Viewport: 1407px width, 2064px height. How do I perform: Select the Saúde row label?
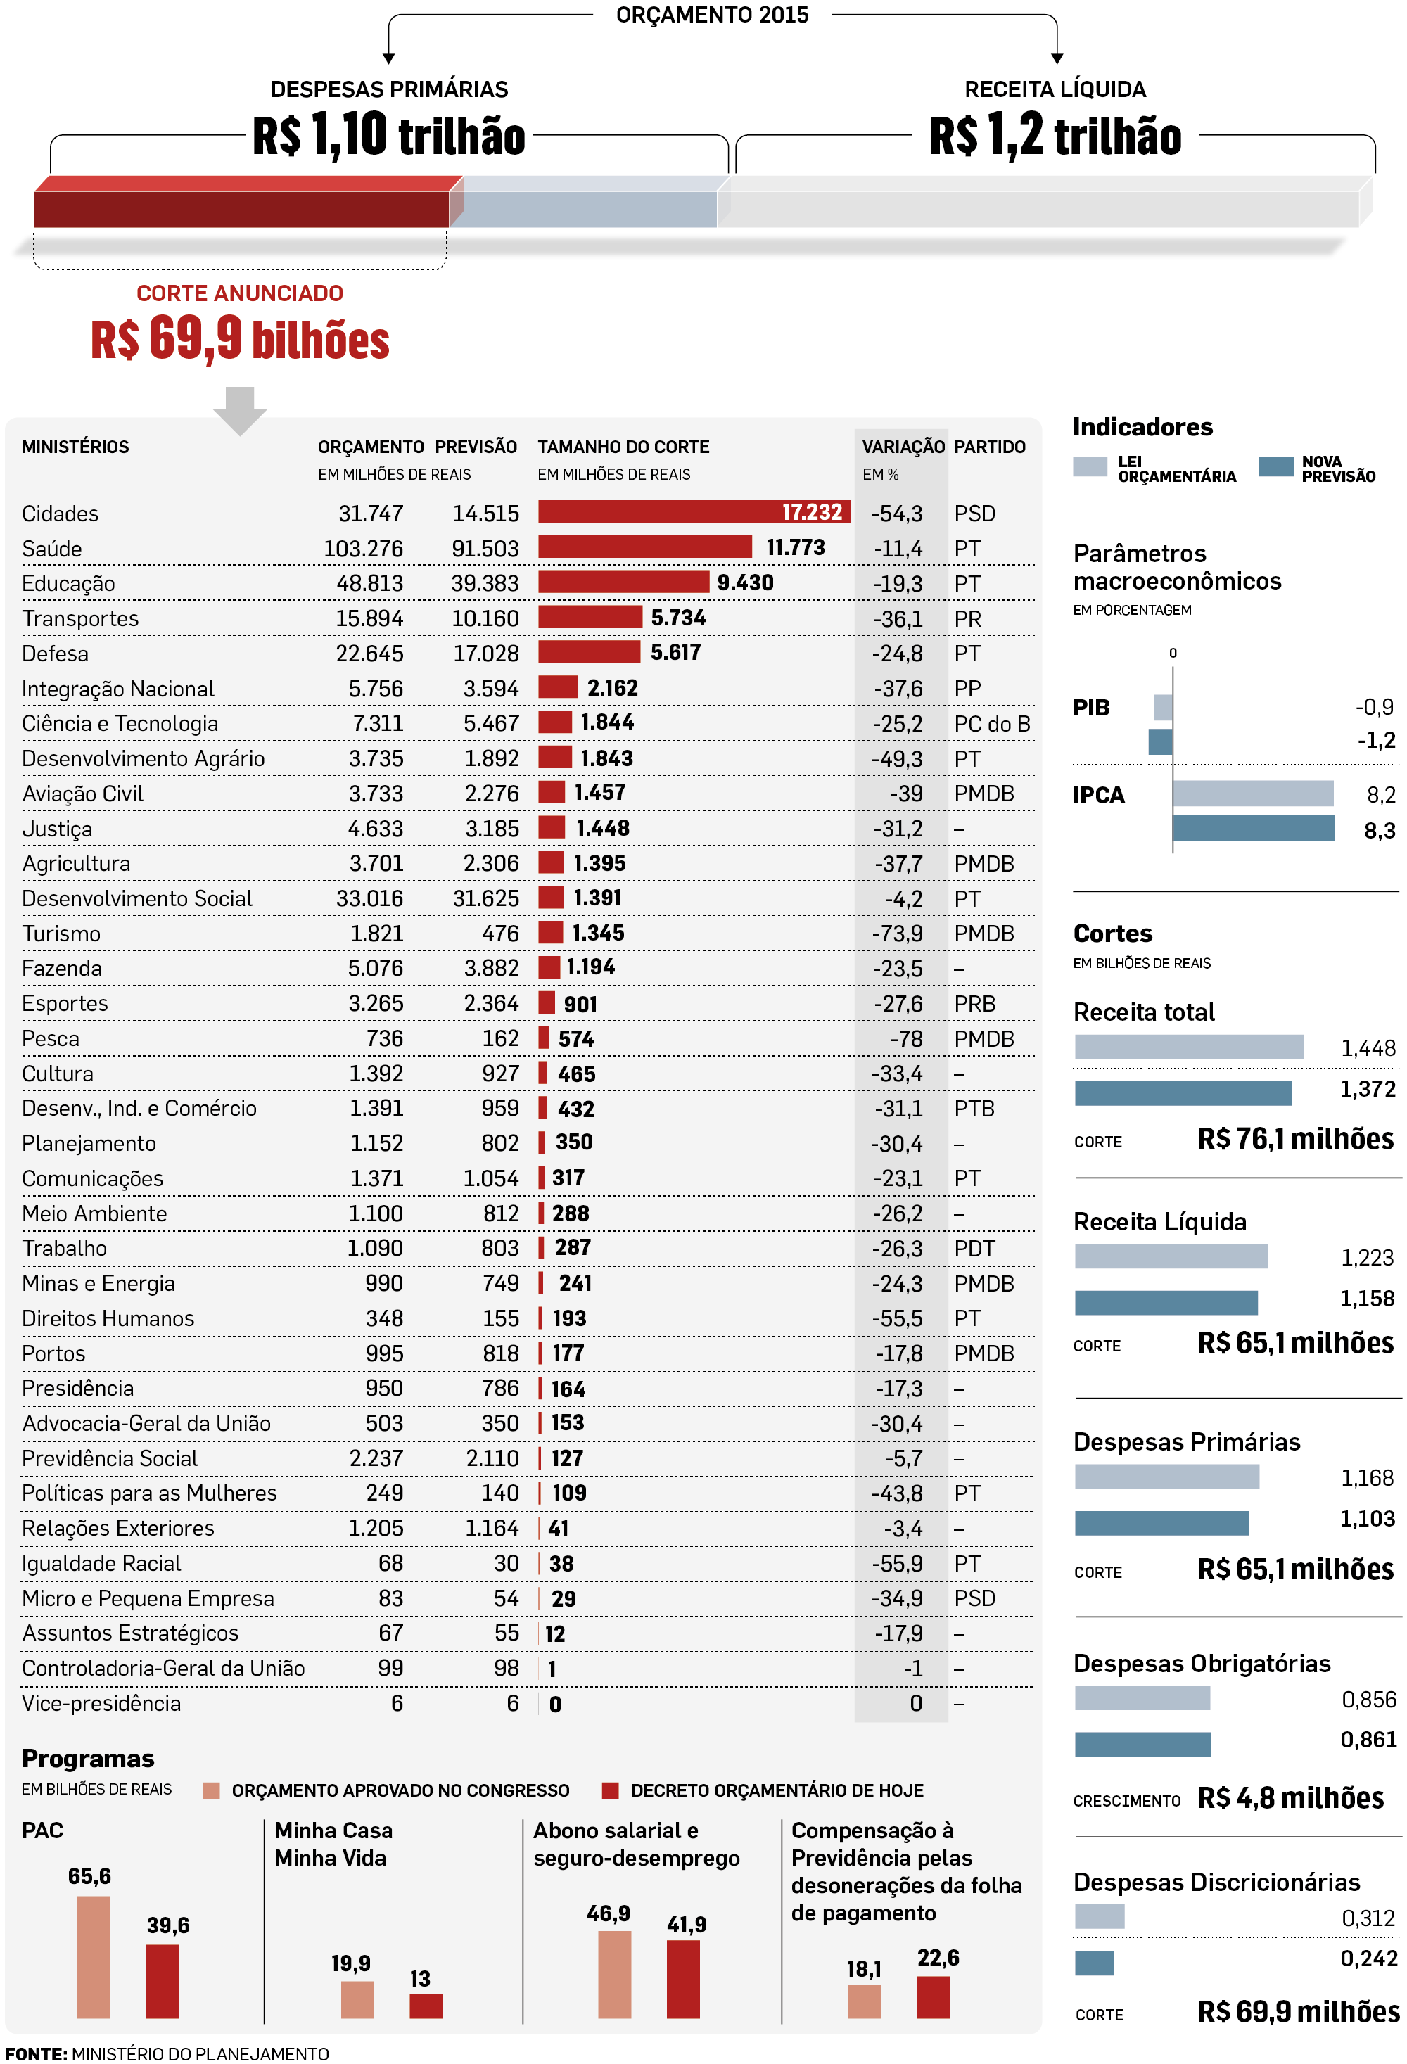(x=51, y=549)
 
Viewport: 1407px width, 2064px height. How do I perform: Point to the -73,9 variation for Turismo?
(x=896, y=934)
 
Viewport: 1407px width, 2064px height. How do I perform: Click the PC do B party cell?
(x=991, y=724)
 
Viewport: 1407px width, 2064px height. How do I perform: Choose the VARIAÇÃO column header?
(x=903, y=447)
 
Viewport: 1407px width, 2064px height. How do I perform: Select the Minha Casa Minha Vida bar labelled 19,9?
(x=357, y=1999)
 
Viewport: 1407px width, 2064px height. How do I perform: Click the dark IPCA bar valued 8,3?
(x=1252, y=828)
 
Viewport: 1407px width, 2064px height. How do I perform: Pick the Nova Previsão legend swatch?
(x=1275, y=467)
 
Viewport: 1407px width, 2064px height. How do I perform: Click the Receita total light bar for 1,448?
(x=1188, y=1047)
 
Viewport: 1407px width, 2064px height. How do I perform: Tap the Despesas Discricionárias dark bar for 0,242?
(x=1093, y=1962)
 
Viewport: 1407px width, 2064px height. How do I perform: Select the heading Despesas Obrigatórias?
(x=1201, y=1664)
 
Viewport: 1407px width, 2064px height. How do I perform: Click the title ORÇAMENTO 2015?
(x=711, y=15)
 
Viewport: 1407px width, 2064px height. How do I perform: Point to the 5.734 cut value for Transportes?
(x=677, y=618)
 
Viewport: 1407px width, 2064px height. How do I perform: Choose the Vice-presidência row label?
(x=101, y=1703)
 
